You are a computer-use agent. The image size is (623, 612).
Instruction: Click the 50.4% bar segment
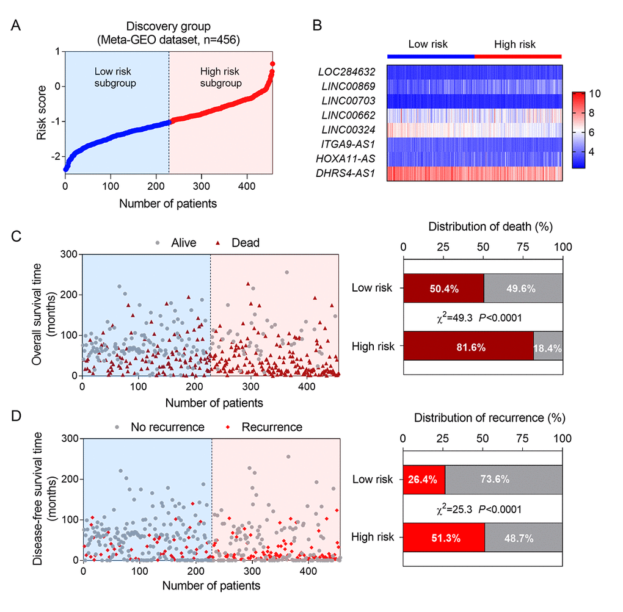coord(443,289)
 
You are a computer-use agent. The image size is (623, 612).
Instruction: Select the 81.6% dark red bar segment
coord(468,347)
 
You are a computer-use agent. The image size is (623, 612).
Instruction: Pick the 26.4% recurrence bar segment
coord(423,480)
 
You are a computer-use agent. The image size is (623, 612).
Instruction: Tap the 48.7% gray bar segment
coord(523,538)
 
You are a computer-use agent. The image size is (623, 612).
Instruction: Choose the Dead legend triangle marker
coord(220,243)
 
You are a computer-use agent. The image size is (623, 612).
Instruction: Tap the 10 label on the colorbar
coord(596,93)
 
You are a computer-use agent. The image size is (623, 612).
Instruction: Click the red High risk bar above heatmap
coord(518,56)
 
